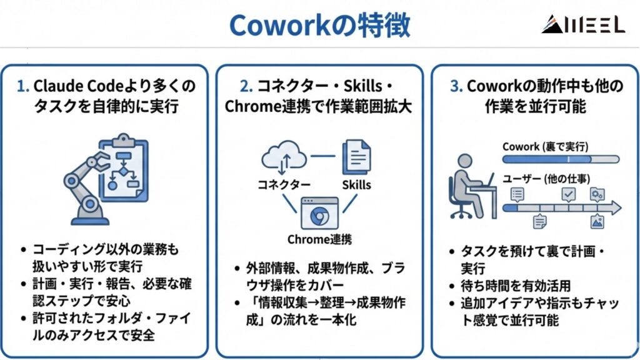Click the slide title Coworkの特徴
point(319,24)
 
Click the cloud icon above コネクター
point(284,156)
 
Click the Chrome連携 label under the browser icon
point(319,239)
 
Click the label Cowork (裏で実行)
point(545,146)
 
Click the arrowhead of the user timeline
point(615,207)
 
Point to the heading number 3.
point(456,86)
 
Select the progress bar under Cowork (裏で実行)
point(560,159)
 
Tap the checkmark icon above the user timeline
point(568,194)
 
